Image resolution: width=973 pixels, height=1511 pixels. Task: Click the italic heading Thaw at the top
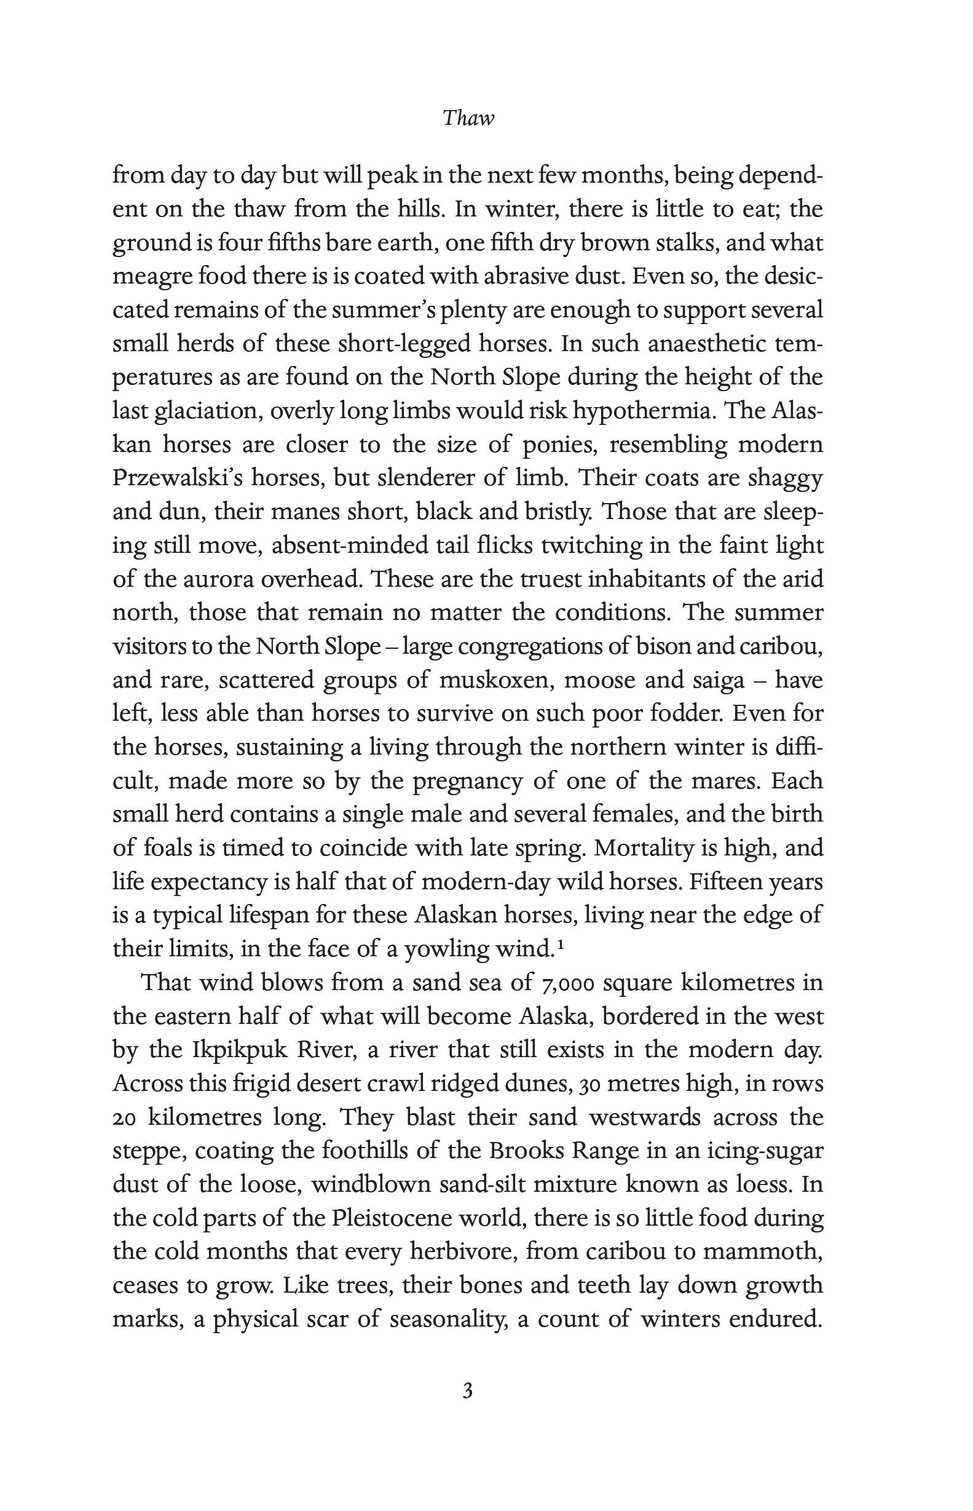pos(468,118)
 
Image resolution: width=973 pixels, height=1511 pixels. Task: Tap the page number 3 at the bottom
pos(468,1391)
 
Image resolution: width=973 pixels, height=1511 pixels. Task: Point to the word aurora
pos(217,579)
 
